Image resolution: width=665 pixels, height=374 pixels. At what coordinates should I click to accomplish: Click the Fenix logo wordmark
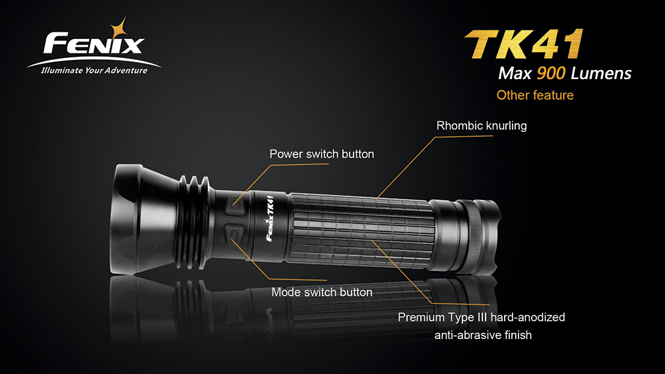coord(94,44)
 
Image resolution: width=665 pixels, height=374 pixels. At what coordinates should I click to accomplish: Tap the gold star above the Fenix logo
coord(119,28)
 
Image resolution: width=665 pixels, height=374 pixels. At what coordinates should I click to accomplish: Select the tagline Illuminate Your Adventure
coord(94,71)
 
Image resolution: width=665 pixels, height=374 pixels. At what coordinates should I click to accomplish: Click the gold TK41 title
coord(524,44)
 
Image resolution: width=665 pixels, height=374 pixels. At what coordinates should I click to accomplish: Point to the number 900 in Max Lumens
coord(551,73)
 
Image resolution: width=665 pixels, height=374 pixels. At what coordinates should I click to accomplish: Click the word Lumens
coord(601,73)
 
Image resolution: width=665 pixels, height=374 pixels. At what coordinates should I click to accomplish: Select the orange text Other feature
coord(535,95)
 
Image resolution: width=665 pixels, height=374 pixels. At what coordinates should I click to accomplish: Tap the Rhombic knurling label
coord(482,125)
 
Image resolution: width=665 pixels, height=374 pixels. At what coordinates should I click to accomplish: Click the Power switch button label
coord(322,154)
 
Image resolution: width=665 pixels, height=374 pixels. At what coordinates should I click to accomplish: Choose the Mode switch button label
coord(322,292)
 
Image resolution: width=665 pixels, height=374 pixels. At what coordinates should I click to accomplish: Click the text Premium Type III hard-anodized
coord(482,317)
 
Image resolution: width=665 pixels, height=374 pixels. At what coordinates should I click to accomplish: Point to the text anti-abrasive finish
coord(483,335)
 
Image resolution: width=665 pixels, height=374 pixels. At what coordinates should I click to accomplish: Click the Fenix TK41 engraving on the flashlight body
coord(270,218)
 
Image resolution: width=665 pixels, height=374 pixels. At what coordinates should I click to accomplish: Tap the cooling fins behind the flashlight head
coord(194,222)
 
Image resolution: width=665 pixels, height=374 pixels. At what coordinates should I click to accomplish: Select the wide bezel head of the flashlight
coord(144,219)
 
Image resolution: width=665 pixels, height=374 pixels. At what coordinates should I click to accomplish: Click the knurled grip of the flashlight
coord(360,231)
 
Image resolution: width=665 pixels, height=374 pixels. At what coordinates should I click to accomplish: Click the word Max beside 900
coord(515,73)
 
